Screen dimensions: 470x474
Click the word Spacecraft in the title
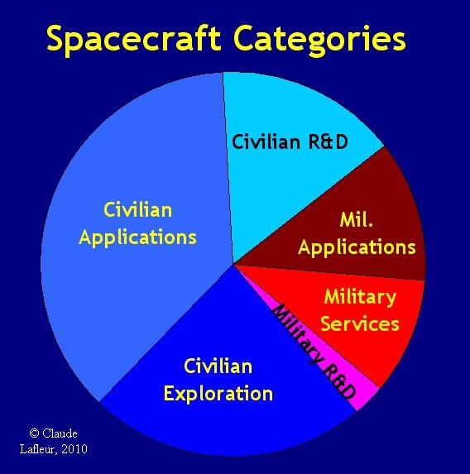pyautogui.click(x=134, y=41)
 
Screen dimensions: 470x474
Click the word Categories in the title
pyautogui.click(x=319, y=41)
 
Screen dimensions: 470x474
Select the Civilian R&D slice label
pyautogui.click(x=290, y=141)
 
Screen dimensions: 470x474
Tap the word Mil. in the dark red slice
pyautogui.click(x=357, y=220)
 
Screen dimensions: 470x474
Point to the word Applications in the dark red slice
pyautogui.click(x=357, y=248)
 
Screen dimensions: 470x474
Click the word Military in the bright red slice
pyautogui.click(x=360, y=298)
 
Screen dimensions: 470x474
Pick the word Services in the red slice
pyautogui.click(x=360, y=323)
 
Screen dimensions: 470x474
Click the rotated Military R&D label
pyautogui.click(x=314, y=352)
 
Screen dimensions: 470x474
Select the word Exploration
pyautogui.click(x=218, y=395)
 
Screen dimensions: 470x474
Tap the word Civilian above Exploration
pyautogui.click(x=218, y=366)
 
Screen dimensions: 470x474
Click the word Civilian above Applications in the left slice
pyautogui.click(x=138, y=210)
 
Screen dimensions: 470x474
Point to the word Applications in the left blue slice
pyautogui.click(x=137, y=237)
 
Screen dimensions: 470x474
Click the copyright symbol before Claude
pyautogui.click(x=34, y=433)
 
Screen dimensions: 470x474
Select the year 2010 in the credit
pyautogui.click(x=74, y=449)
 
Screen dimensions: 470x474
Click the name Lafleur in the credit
pyautogui.click(x=38, y=449)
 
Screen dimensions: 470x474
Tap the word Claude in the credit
pyautogui.click(x=60, y=433)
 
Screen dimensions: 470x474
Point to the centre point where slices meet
pyautogui.click(x=234, y=265)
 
